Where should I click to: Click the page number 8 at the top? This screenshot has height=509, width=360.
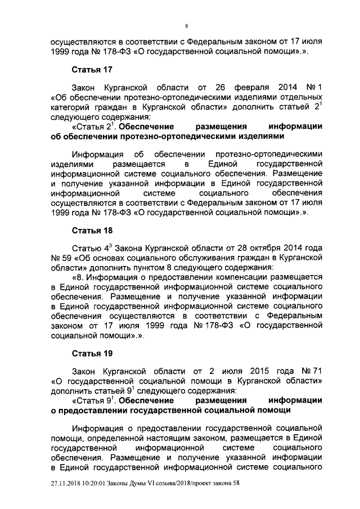coord(186,26)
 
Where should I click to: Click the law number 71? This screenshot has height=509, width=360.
coord(311,371)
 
